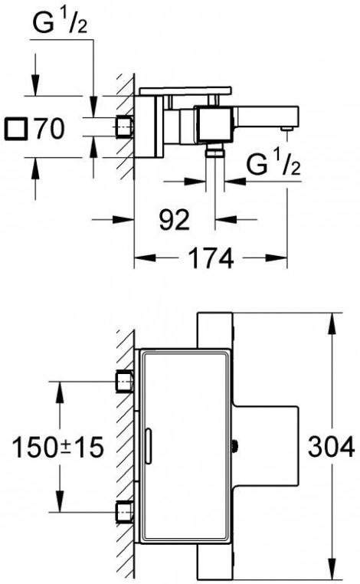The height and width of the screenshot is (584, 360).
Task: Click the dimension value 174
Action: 211,258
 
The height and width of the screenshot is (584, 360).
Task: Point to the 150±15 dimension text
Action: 57,447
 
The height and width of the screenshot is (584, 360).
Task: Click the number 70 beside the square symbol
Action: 49,129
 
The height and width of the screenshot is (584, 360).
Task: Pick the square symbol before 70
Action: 16,130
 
